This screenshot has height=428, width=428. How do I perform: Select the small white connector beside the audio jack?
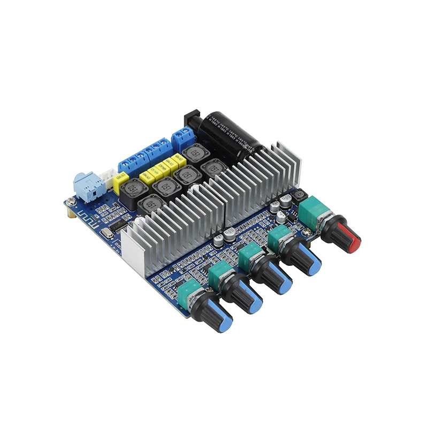[x=109, y=178]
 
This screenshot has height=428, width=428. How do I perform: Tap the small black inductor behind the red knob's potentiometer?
[x=300, y=195]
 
